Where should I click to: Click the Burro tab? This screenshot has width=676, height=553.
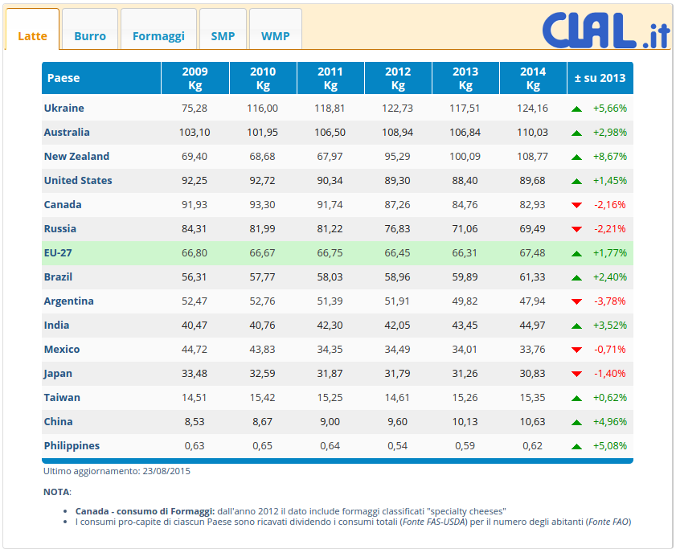90,36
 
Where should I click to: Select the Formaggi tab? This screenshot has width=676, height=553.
158,36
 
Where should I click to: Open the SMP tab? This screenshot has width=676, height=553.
223,36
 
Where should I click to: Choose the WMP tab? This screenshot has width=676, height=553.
275,36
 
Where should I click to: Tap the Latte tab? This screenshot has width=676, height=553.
32,36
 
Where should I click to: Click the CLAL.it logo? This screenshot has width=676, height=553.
595,31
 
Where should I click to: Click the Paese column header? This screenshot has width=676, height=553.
64,78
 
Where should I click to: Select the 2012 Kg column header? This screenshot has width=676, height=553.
398,78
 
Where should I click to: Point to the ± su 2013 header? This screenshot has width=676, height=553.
600,78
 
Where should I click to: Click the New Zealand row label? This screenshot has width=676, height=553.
76,156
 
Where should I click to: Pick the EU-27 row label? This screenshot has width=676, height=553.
58,252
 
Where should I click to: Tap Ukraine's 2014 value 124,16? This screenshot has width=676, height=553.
533,108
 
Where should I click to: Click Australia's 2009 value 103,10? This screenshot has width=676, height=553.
195,132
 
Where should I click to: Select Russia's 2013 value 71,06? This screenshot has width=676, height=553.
465,228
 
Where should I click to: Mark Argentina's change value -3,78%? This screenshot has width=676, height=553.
610,301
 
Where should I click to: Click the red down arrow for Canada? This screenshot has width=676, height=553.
576,205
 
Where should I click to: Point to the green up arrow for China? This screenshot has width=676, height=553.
576,422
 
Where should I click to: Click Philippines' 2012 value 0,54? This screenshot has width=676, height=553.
398,445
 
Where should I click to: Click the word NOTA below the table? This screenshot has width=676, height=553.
56,491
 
